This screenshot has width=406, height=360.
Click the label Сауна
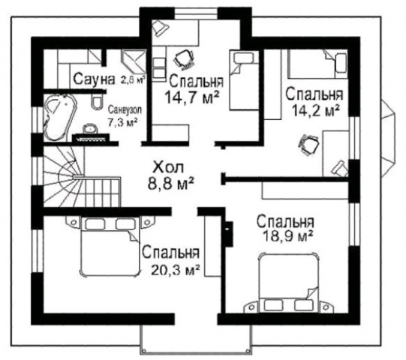coord(94,79)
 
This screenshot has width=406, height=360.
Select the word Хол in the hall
coord(168,167)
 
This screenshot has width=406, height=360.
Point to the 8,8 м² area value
coord(171,184)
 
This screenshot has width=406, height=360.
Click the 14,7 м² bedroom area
coord(191,97)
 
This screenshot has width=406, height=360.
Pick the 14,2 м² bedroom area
coord(316,110)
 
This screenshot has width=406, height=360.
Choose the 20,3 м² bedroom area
coord(175,270)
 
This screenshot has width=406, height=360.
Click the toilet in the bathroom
coord(97,102)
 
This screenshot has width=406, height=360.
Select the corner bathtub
coord(59,118)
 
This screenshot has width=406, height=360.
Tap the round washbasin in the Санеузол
coord(90,128)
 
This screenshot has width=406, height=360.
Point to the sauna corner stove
coord(133,61)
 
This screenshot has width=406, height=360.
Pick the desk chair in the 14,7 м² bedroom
coord(185,60)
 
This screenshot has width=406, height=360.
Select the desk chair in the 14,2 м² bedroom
coord(308,145)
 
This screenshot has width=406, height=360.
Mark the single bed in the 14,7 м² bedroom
coord(244,80)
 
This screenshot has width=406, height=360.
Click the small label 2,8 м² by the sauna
coord(132,79)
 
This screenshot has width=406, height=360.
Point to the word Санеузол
coord(125,110)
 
